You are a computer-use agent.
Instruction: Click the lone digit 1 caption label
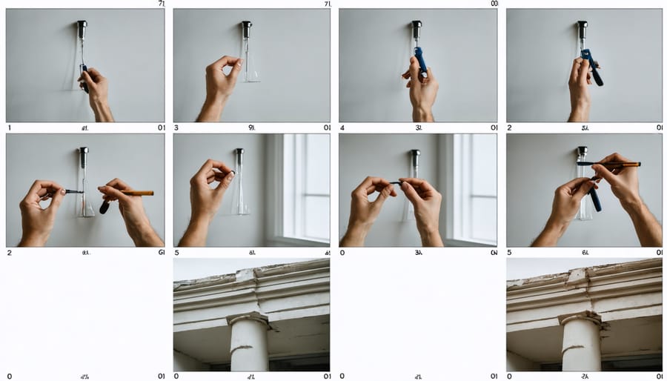coord(10,127)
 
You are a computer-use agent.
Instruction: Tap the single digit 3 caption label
coord(176,127)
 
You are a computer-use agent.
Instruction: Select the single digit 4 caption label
coord(343,127)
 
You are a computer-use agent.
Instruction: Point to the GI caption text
coord(162,252)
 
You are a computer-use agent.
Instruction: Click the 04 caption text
coord(494,252)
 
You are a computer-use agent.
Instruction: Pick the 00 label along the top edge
coord(494,4)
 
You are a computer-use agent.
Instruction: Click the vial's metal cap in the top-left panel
coord(82,29)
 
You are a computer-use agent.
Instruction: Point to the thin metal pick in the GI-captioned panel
coord(74,191)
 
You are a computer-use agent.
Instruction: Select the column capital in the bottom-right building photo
coord(581,319)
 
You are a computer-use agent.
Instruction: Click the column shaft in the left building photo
coord(249,348)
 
